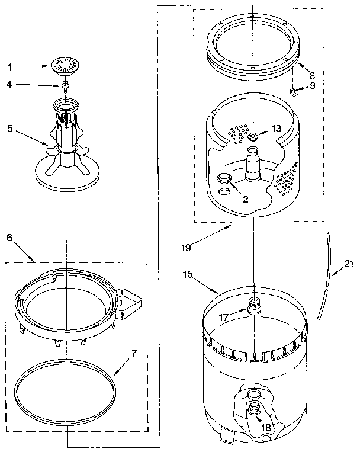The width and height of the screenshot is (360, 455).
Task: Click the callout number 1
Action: (x=9, y=67)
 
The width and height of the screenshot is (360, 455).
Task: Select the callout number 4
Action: (x=9, y=85)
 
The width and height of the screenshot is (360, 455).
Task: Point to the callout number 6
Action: (x=9, y=236)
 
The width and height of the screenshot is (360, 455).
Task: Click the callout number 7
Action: (x=134, y=354)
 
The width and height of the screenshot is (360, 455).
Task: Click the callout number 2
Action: (x=245, y=199)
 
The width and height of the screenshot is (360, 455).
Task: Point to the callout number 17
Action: (x=223, y=318)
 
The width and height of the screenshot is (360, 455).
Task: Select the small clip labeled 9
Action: (x=292, y=91)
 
